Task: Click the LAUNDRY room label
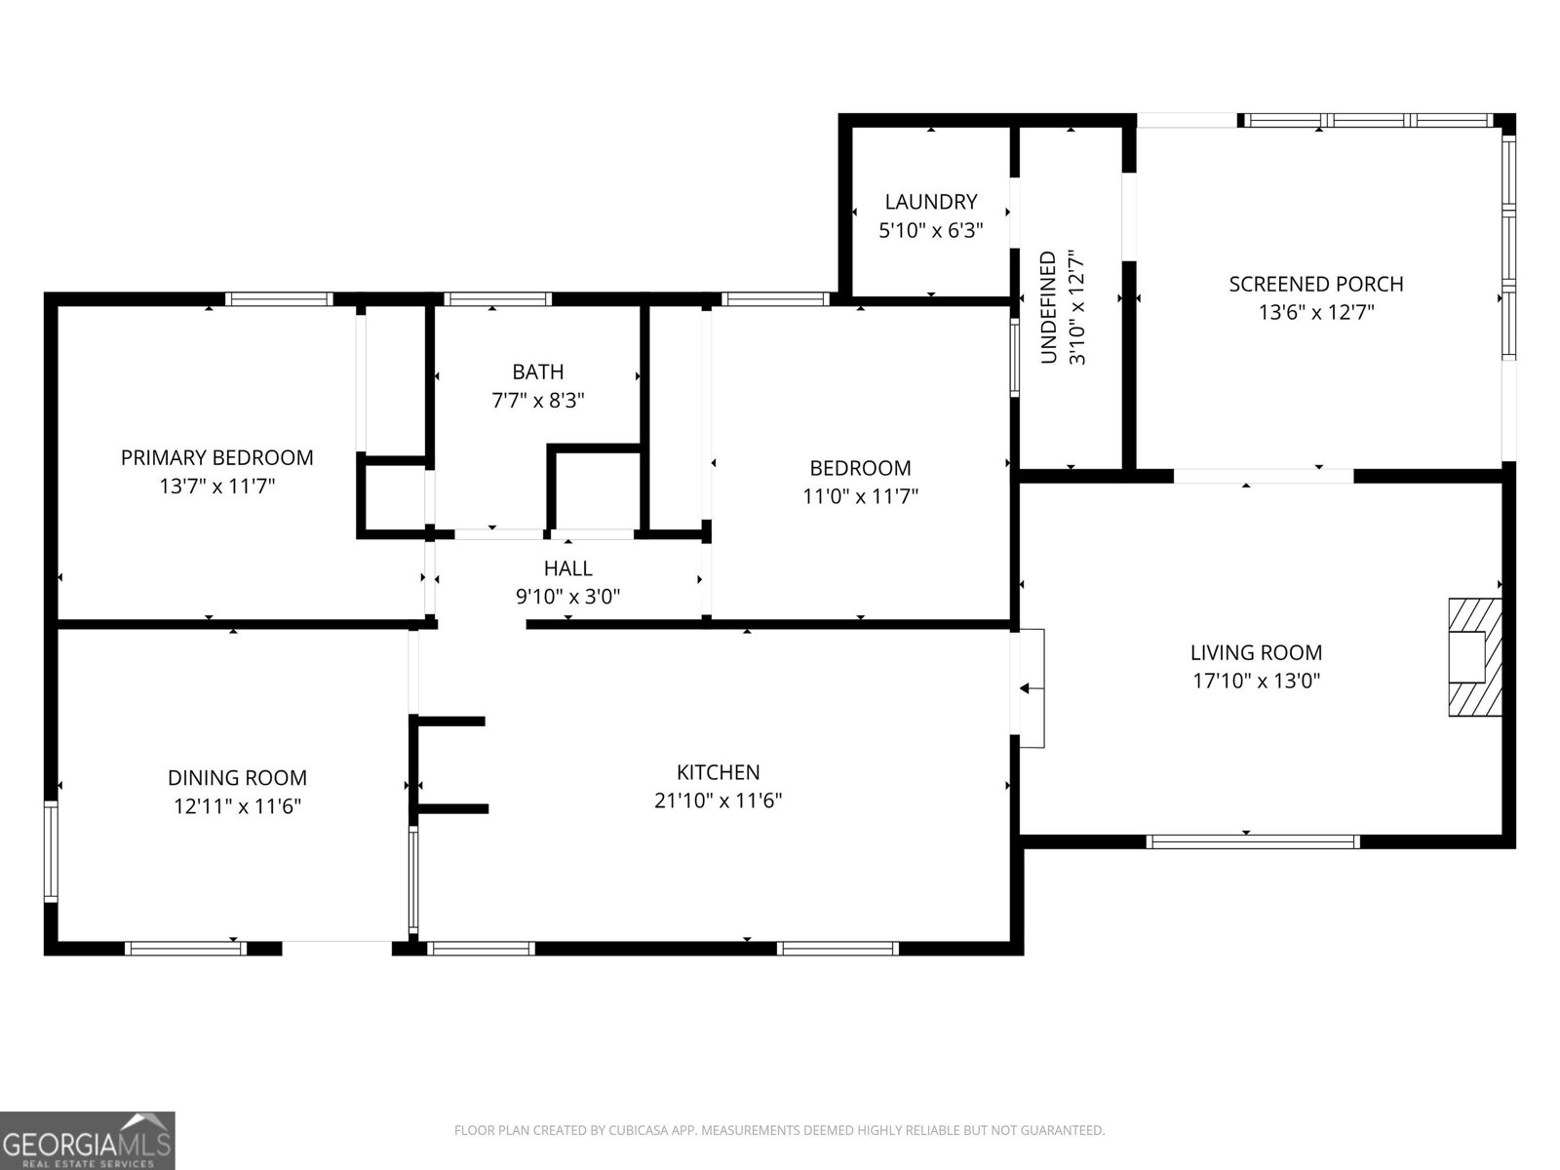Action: pos(930,202)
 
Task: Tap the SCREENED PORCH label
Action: pos(1316,284)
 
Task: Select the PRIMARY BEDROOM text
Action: pos(216,457)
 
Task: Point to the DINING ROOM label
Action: pos(237,778)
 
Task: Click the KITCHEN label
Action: pos(718,772)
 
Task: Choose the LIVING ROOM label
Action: pos(1257,652)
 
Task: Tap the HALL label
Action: pos(567,568)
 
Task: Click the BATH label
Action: pos(538,371)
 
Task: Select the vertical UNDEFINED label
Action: pos(1048,307)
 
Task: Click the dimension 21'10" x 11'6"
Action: pos(718,800)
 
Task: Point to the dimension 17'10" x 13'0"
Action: pos(1257,681)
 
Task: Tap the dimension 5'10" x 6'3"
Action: pos(930,230)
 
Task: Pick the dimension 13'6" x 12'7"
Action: pos(1316,313)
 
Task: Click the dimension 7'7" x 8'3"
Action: pos(538,401)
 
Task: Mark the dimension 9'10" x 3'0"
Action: pos(567,597)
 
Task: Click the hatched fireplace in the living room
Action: pos(1475,657)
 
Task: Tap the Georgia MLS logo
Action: pos(88,1140)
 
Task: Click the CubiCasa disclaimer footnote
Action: pos(780,1130)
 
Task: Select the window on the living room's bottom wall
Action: pos(1253,841)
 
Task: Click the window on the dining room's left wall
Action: pos(51,852)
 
